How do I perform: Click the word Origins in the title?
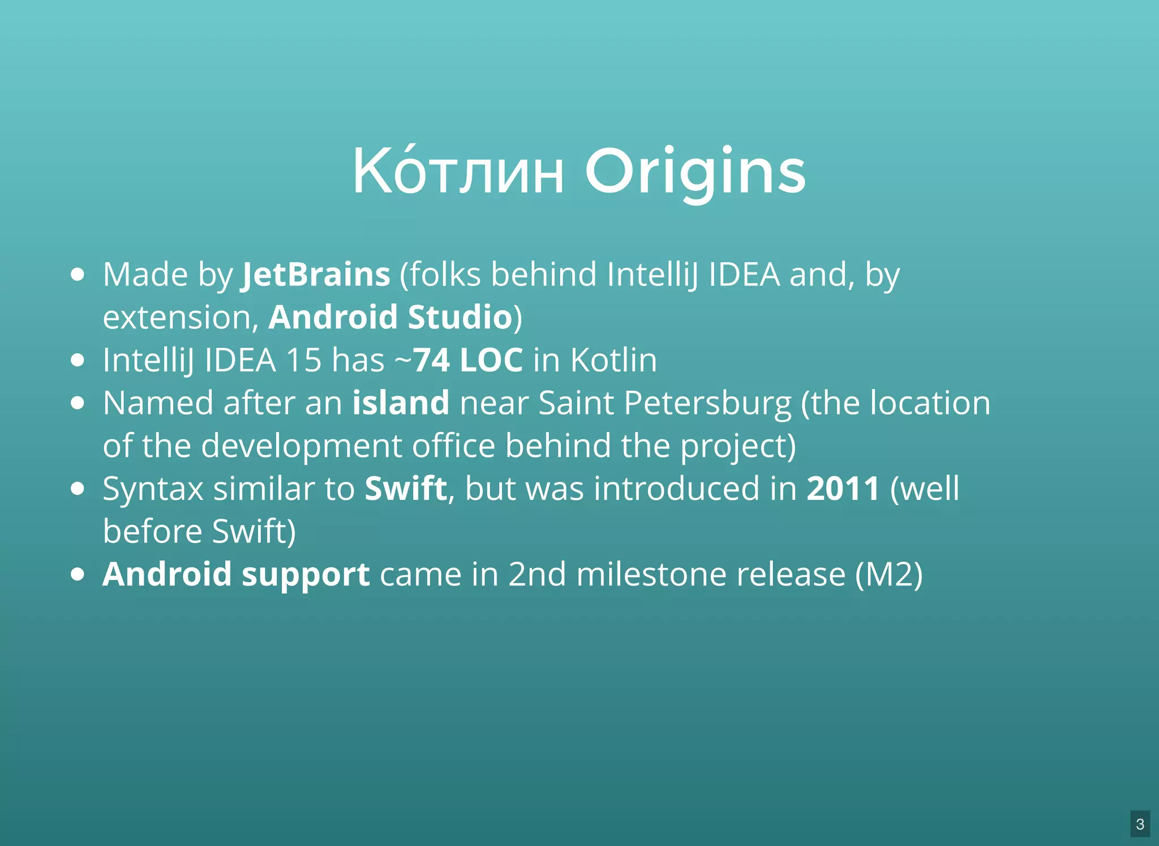tap(695, 172)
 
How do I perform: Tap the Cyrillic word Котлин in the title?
tap(458, 172)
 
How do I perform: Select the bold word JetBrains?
tap(316, 275)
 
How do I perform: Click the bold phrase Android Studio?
tap(390, 317)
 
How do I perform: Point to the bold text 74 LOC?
tap(468, 360)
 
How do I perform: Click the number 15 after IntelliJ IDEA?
tap(303, 360)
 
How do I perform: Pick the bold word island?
tap(401, 403)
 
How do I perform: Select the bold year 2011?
tap(843, 489)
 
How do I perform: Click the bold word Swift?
tap(406, 489)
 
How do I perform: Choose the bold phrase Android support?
tap(236, 575)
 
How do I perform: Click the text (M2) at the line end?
tap(888, 575)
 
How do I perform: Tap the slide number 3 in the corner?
tap(1140, 824)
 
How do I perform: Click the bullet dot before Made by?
tap(78, 275)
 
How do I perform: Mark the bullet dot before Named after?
tap(78, 403)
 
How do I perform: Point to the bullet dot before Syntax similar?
tap(78, 489)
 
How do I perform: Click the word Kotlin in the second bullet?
tap(613, 360)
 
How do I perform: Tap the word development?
tap(301, 446)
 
